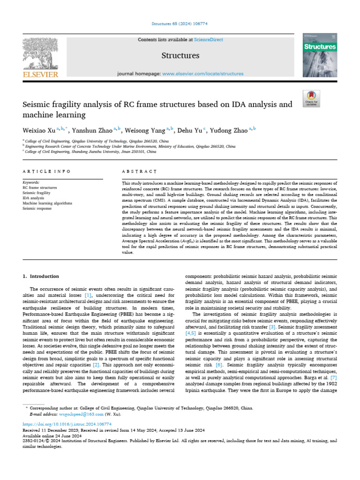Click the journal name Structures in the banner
coord(180,56)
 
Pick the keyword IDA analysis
coord(33,198)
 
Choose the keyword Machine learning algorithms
coord(47,203)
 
